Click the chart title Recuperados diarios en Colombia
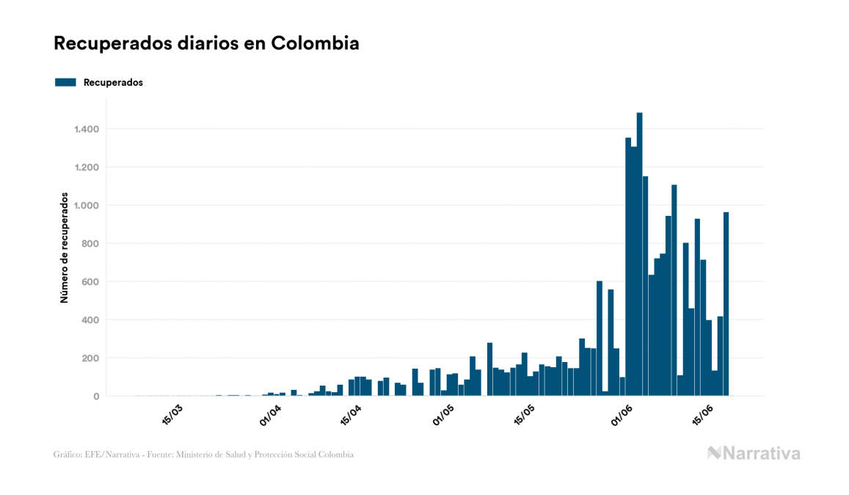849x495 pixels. (206, 43)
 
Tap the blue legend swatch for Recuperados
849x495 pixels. (65, 82)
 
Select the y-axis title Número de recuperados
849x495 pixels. (64, 248)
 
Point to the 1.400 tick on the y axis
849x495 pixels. (86, 129)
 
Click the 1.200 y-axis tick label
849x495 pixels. (86, 167)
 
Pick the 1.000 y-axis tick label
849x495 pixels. (86, 206)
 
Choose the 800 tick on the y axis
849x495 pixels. (90, 244)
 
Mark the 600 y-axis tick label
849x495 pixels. (90, 282)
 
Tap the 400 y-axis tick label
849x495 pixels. (90, 320)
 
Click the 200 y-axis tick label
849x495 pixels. (90, 358)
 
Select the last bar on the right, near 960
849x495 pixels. (726, 304)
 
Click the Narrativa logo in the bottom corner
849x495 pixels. (754, 453)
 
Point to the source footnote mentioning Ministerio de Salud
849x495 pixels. (203, 455)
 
